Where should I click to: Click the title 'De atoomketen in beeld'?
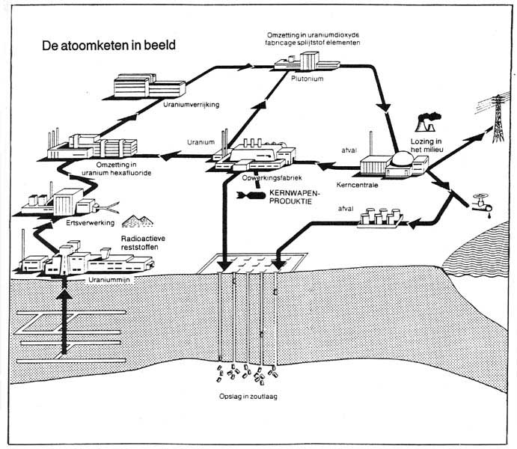(x=109, y=45)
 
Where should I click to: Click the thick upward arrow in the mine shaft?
(x=64, y=314)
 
